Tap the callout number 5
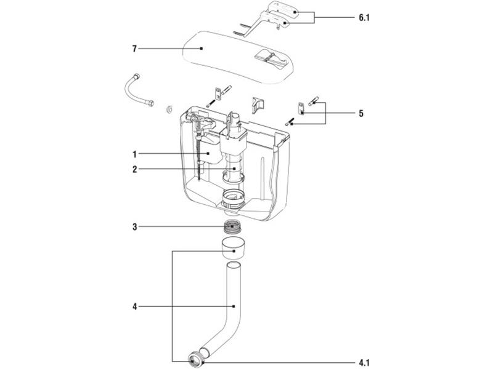pos(361,114)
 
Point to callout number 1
pos(133,153)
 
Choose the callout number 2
pos(133,169)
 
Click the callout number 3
pos(133,226)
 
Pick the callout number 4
pos(133,306)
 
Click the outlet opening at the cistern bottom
pos(234,200)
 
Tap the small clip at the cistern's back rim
pos(256,105)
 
